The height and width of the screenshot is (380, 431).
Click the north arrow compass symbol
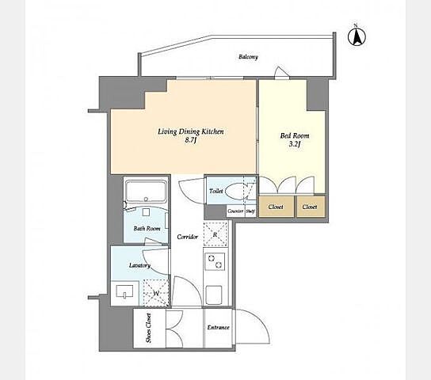point(357,36)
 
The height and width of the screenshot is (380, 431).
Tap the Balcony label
point(248,57)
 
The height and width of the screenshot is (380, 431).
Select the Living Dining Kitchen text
point(191,131)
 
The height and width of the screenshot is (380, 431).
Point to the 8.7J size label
point(191,140)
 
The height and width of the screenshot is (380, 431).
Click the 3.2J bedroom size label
point(295,144)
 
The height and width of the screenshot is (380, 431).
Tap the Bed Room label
point(295,135)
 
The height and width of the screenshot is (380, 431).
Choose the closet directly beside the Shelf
point(276,207)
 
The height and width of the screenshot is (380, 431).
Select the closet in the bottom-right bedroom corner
point(311,207)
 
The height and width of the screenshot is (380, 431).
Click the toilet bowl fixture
point(237,191)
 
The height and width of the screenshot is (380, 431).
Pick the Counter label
point(235,211)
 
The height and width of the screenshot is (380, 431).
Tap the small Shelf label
point(250,211)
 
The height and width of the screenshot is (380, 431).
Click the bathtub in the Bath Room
point(146,192)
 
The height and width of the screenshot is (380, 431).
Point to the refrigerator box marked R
point(215,234)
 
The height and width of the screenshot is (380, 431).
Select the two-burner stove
point(215,260)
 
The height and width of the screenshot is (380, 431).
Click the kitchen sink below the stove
point(214,294)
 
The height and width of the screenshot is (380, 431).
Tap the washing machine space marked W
point(156,293)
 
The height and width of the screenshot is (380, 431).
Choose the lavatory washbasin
point(124,291)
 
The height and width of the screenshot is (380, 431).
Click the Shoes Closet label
point(149,328)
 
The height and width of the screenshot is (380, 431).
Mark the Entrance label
point(218,328)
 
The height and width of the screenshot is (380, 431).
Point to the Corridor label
point(188,237)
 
